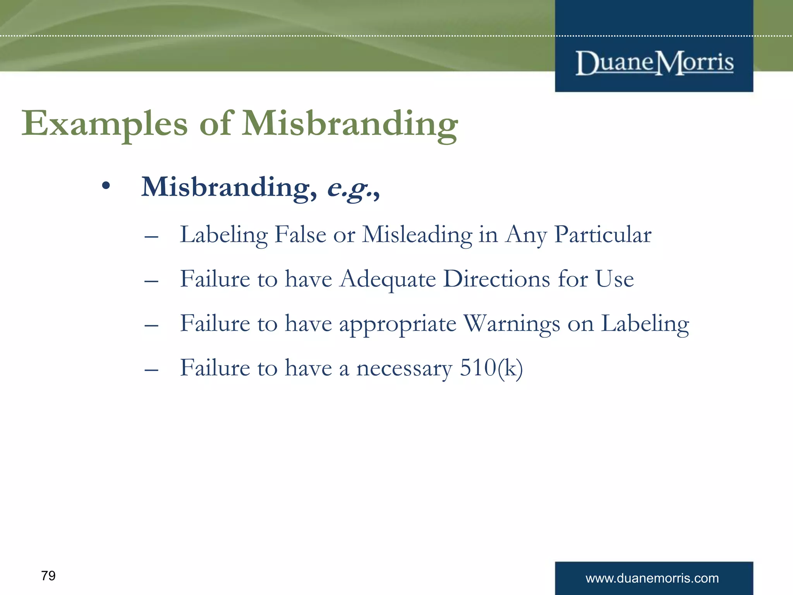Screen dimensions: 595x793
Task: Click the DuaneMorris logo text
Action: (x=654, y=63)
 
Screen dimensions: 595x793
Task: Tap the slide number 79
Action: (x=48, y=576)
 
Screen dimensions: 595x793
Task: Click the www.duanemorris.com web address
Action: (x=652, y=578)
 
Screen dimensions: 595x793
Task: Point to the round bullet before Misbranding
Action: (x=106, y=186)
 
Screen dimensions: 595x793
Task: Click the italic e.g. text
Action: (x=352, y=188)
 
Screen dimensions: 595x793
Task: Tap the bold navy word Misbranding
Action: (x=228, y=187)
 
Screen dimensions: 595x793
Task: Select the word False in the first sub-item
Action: (x=300, y=235)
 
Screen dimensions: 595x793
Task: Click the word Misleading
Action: (x=417, y=235)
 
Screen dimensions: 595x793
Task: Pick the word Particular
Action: (x=602, y=235)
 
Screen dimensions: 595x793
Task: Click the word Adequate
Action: (x=388, y=279)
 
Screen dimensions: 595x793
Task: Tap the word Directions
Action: (x=496, y=279)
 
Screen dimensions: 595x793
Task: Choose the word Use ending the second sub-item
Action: (x=614, y=279)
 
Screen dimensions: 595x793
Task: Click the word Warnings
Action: (x=512, y=324)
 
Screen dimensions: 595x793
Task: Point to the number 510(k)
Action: (x=491, y=368)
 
